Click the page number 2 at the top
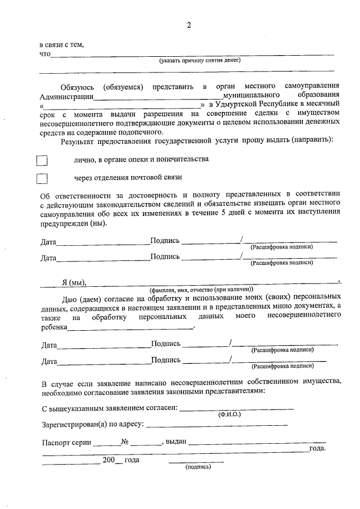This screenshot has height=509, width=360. pos(189,25)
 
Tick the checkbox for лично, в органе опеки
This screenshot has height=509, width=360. pos(42,161)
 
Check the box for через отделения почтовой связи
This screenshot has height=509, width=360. pos(42,179)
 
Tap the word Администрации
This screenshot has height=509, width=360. pos(66,96)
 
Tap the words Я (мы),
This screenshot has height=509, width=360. pos(74,282)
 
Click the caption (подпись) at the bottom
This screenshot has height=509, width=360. pos(197,466)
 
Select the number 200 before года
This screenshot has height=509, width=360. pos(109,460)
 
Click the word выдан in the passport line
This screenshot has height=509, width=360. pos(176,442)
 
